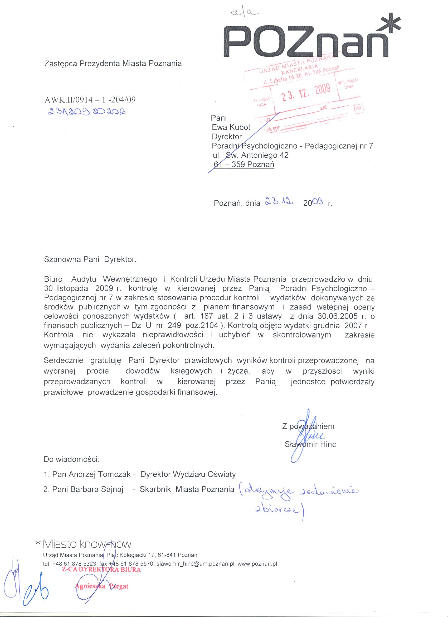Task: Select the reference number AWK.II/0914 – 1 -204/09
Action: coord(90,100)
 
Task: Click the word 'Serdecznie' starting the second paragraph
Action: coord(64,360)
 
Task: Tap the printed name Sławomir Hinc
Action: coord(310,444)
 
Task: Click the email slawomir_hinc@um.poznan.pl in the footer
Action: coord(196,564)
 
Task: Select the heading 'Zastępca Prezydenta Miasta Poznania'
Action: coord(113,64)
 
